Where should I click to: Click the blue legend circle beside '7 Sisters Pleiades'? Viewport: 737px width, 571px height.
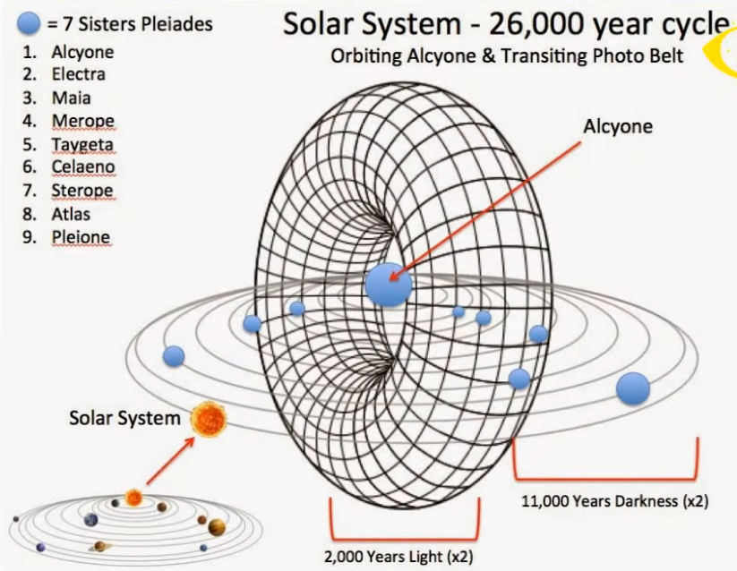pyautogui.click(x=29, y=23)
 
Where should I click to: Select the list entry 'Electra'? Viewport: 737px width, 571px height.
pyautogui.click(x=79, y=74)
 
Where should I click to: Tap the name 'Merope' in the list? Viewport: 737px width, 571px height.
pyautogui.click(x=82, y=121)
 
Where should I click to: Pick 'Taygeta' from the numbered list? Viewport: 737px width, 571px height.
pyautogui.click(x=82, y=145)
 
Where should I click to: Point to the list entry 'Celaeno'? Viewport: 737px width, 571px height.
pyautogui.click(x=83, y=166)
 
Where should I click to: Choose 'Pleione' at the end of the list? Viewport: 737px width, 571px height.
pyautogui.click(x=81, y=237)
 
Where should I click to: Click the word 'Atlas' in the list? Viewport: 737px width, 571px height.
pyautogui.click(x=71, y=214)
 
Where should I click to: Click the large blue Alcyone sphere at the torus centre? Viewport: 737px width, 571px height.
pyautogui.click(x=389, y=285)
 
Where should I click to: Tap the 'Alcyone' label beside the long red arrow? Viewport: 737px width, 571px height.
pyautogui.click(x=618, y=127)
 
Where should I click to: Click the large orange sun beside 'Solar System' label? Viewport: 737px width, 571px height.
pyautogui.click(x=209, y=420)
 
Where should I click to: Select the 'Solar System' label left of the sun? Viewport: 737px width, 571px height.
pyautogui.click(x=125, y=418)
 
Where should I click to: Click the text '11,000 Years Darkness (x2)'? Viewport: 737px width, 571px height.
pyautogui.click(x=615, y=501)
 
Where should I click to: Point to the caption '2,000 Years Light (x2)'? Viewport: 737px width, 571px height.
pyautogui.click(x=398, y=557)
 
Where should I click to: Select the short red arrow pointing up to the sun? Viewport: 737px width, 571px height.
pyautogui.click(x=171, y=461)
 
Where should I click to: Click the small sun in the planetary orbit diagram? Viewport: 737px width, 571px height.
pyautogui.click(x=133, y=498)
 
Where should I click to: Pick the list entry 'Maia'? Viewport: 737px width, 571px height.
pyautogui.click(x=71, y=98)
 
